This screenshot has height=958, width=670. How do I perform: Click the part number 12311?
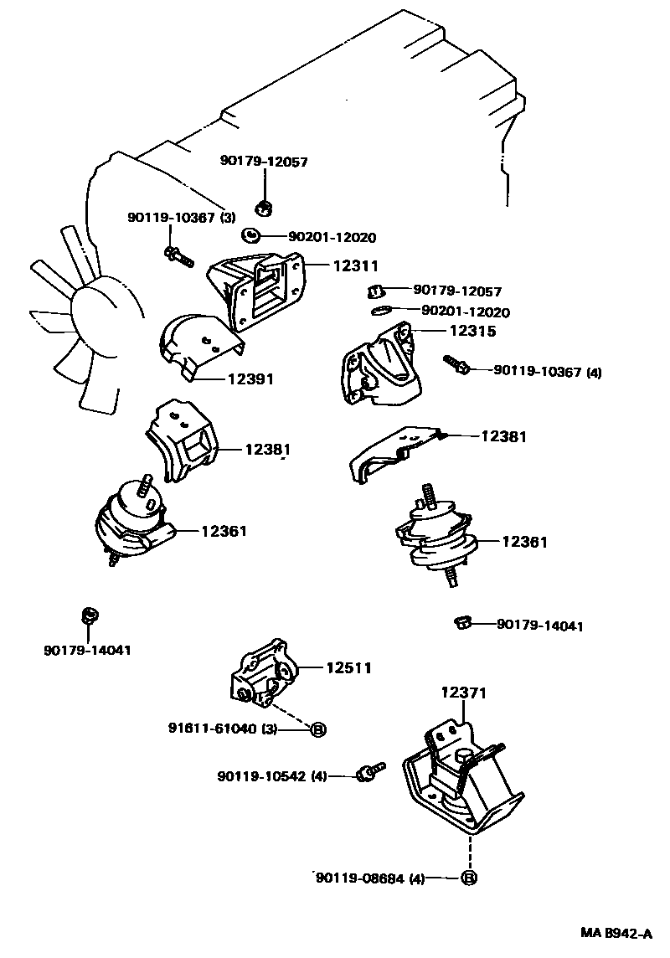pos(356,265)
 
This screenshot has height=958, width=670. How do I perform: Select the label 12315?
pos(473,331)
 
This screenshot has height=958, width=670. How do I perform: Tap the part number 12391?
pos(251,379)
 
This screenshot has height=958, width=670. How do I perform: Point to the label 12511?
pos(348,667)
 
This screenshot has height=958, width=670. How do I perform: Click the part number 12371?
pos(464,693)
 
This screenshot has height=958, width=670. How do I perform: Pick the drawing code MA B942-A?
pos(616,934)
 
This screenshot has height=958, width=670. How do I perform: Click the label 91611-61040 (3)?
pos(222,729)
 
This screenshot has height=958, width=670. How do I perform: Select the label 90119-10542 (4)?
pos(272,776)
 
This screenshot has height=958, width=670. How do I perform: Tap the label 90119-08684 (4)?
pos(370,878)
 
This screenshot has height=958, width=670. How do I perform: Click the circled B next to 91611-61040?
pos(319,729)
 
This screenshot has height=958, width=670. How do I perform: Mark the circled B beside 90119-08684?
pos(468,878)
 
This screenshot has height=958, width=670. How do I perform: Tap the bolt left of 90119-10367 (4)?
pos(456,364)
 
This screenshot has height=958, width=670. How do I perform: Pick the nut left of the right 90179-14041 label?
pos(462,623)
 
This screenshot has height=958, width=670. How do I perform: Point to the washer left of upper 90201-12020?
pos(250,234)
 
